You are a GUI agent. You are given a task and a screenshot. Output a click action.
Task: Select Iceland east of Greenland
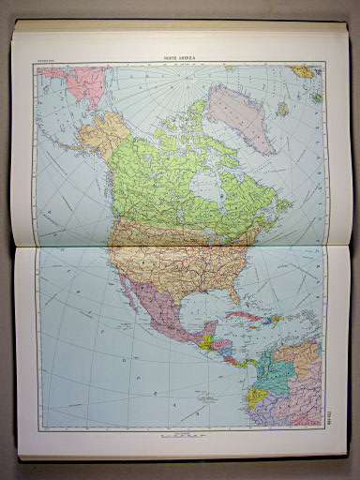[x=303, y=71]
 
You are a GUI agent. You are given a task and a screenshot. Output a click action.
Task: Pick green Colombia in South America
[x=275, y=384]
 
